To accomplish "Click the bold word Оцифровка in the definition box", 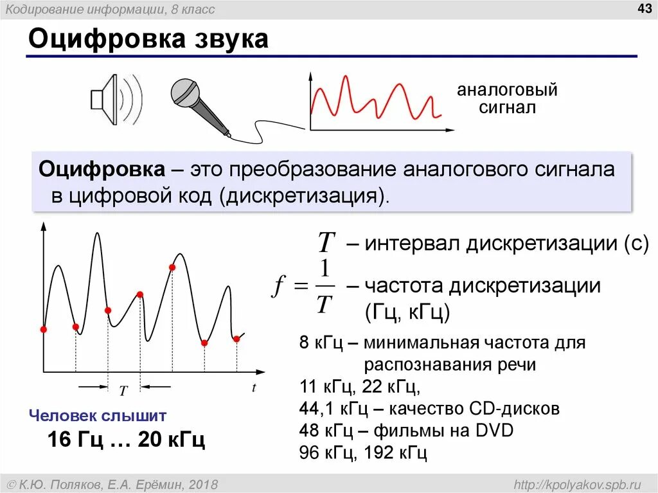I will tap(102, 170).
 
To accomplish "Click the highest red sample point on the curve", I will tap(172, 267).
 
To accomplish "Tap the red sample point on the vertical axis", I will tap(44, 329).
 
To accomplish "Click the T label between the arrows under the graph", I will tap(124, 390).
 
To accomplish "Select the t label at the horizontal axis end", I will tap(254, 388).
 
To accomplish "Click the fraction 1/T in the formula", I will tap(325, 286).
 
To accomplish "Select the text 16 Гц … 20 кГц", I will tap(126, 440).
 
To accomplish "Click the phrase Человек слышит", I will tap(98, 415).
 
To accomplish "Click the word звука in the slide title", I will tap(227, 39).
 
